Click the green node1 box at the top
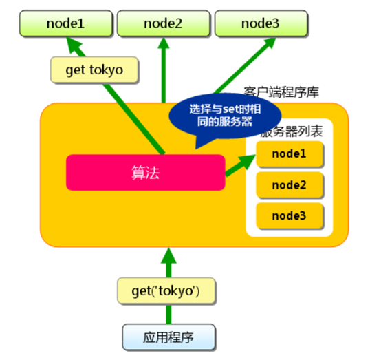(66, 23)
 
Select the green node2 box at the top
(163, 23)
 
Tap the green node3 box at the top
(261, 23)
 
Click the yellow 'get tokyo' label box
(94, 70)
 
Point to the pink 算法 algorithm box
(146, 172)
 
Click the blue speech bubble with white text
(225, 117)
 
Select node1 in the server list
(290, 154)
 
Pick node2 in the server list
(290, 185)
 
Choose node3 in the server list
(290, 216)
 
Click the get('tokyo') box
(166, 291)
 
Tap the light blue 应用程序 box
(168, 337)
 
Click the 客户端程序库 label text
(281, 92)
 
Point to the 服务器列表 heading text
(292, 131)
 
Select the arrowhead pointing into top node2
(164, 43)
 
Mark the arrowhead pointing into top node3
(269, 43)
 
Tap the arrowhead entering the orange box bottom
(168, 255)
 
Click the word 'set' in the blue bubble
(230, 109)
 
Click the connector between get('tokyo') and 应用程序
(168, 314)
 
